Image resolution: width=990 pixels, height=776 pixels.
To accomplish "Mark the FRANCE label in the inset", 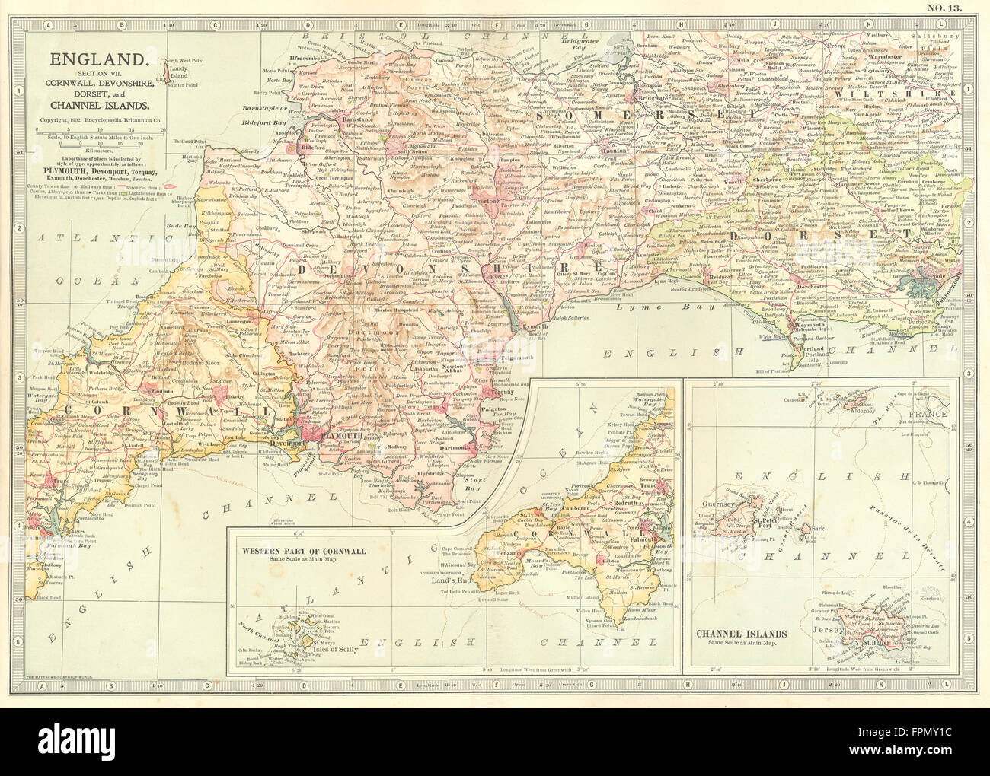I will pos(927,415).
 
